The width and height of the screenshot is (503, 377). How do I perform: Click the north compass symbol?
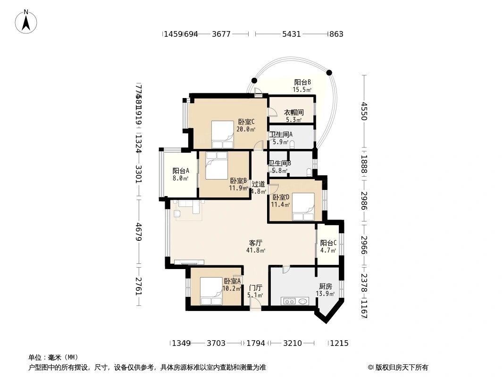[x=26, y=21]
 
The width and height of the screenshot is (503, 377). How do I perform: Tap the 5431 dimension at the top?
[x=291, y=34]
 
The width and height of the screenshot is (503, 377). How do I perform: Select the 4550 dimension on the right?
[x=363, y=111]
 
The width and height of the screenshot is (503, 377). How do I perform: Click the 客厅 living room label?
[x=255, y=246]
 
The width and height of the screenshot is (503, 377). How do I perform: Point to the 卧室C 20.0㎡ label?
[x=246, y=125]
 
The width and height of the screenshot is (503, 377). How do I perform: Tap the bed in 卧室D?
[x=303, y=207]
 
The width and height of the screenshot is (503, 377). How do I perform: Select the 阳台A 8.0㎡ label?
[x=180, y=174]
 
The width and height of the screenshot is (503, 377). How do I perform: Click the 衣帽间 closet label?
[x=293, y=116]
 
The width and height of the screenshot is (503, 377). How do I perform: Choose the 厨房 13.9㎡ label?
[x=325, y=290]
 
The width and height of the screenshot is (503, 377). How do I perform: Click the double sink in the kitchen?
[x=294, y=301]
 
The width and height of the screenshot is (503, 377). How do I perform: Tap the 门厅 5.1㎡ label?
[x=255, y=291]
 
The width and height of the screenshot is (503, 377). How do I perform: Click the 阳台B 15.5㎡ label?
[x=302, y=86]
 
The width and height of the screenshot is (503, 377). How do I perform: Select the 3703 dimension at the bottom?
[x=216, y=343]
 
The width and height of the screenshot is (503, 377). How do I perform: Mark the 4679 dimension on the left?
[x=139, y=232]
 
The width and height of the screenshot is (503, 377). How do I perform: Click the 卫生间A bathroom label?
[x=281, y=138]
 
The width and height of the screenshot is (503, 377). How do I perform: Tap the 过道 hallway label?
[x=258, y=188]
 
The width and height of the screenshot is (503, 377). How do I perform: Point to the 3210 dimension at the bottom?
[x=292, y=343]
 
